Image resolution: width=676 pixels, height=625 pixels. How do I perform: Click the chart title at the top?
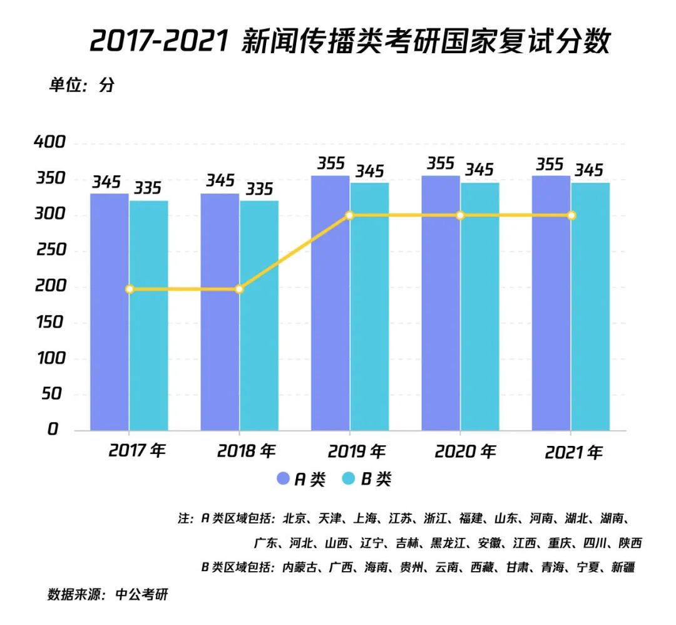pos(349,42)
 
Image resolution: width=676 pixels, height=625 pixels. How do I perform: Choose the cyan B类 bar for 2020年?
pos(480,306)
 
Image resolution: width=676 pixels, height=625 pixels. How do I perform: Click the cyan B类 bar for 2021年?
pos(590,306)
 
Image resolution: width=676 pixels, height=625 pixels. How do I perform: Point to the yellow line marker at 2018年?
pos(239,289)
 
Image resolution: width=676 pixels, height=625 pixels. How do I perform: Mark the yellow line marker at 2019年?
pos(350,215)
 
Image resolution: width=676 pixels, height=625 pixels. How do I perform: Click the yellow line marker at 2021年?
pos(571,215)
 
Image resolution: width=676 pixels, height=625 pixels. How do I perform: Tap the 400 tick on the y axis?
pos(49,143)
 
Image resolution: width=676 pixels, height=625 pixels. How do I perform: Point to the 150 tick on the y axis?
pos(49,323)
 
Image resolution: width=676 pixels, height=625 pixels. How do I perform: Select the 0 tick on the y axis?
pos(53,430)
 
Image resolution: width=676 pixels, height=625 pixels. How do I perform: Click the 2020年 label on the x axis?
pos(465,451)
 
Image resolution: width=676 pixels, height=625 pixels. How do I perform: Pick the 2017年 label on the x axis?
pos(137,451)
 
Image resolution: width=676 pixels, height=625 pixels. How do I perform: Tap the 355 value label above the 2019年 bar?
pos(330,164)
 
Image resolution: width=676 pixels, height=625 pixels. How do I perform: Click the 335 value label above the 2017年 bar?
pos(148,188)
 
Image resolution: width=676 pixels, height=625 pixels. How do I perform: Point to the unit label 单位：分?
pos(81,86)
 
